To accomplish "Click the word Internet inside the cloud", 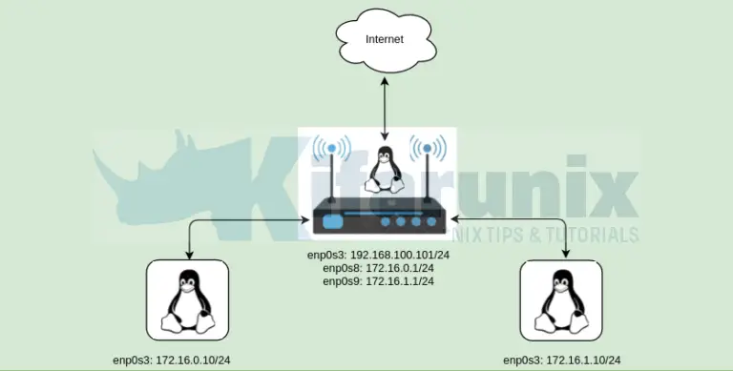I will (385, 39).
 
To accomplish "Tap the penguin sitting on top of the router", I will (385, 170).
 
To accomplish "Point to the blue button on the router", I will (333, 222).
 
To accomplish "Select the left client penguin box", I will (188, 302).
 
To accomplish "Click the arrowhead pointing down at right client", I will (563, 254).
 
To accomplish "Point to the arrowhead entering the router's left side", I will (305, 221).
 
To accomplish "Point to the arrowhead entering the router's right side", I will (449, 221).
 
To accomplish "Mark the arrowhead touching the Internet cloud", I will (385, 84).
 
